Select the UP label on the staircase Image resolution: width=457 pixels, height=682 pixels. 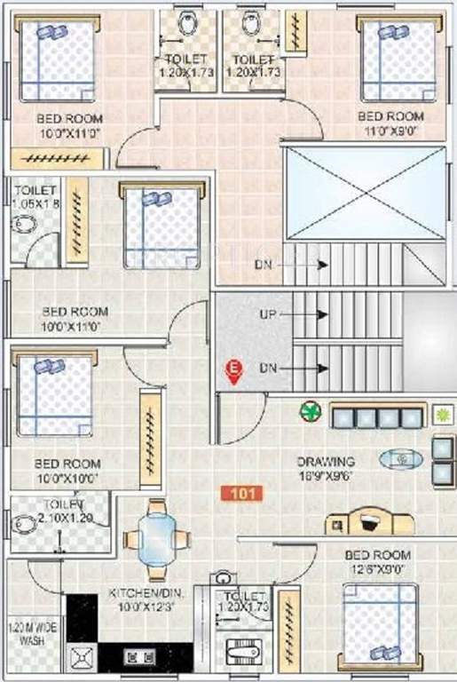268,314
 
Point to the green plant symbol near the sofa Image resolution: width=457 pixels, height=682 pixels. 310,411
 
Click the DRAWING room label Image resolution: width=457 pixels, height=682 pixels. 326,462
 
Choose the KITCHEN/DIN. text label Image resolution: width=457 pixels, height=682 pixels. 141,591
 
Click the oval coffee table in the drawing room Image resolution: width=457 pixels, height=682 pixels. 400,459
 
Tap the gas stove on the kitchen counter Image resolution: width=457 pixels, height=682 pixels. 139,658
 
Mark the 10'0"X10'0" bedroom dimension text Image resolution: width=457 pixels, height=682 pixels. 67,477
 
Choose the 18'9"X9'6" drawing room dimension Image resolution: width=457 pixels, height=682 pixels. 326,476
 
